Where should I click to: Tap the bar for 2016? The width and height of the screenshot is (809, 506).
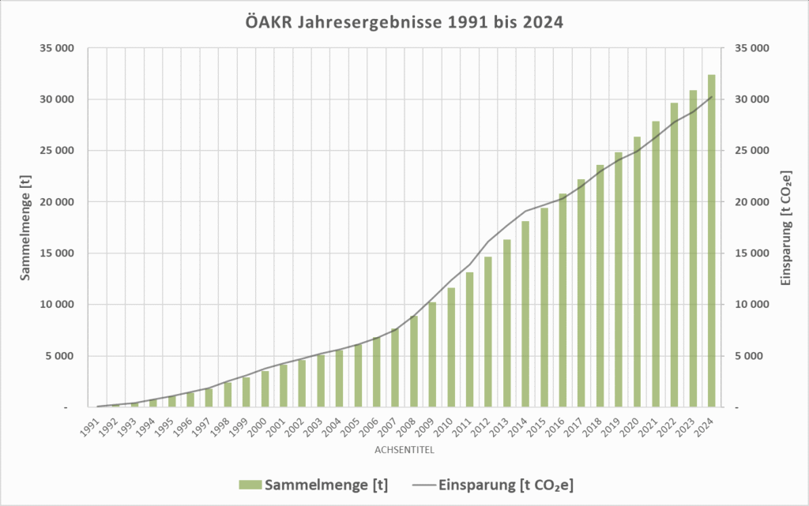[563, 300]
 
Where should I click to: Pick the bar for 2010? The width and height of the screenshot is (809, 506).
[451, 347]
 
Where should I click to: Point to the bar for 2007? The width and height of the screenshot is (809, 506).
[396, 367]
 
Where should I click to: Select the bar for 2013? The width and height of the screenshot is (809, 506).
[507, 323]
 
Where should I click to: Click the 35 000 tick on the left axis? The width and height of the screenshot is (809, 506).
[57, 48]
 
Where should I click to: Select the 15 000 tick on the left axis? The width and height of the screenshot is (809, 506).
[57, 253]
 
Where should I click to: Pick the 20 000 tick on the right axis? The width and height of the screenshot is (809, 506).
[751, 202]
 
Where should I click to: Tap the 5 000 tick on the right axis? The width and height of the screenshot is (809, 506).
[754, 356]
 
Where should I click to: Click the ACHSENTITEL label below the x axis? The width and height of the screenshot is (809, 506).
[404, 451]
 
